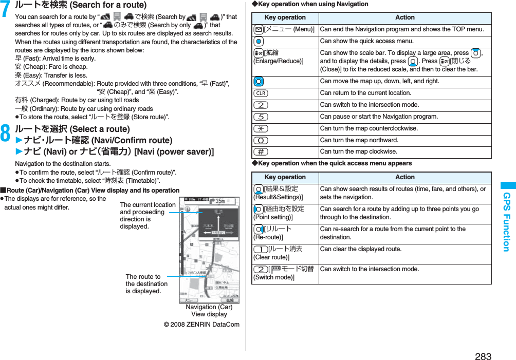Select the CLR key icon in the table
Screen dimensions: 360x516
tap(260, 93)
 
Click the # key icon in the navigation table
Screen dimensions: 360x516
tap(260, 151)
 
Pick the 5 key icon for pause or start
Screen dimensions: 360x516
tap(260, 117)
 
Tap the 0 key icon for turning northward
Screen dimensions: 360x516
tap(260, 140)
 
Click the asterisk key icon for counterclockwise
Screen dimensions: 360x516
tap(260, 128)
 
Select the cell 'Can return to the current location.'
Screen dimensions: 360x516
tap(365, 93)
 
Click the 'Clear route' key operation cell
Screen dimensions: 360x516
tap(285, 253)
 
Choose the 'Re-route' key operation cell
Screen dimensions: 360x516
tap(285, 233)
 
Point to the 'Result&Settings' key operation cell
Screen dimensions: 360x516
tap(285, 193)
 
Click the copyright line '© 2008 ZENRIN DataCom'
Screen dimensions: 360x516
tap(201, 325)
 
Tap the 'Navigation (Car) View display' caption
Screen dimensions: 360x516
tap(209, 311)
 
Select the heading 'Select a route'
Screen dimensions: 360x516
tap(72, 129)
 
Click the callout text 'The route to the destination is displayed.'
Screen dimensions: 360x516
tap(146, 284)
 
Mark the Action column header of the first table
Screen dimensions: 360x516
tap(404, 17)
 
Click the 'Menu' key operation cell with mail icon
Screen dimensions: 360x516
tap(285, 29)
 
